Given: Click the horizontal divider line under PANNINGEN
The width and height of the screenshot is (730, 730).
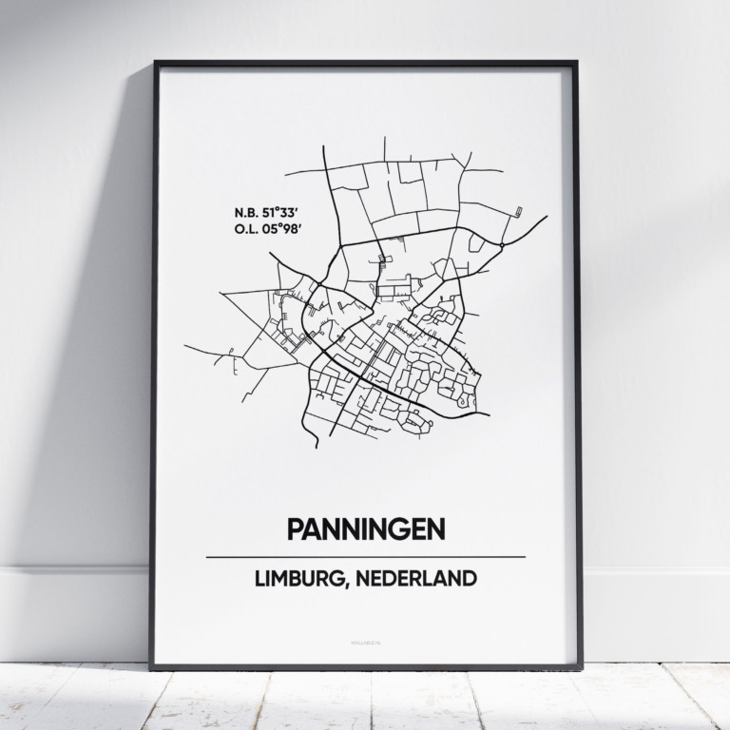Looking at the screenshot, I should [365, 556].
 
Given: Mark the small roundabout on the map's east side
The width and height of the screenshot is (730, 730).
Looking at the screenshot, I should [500, 245].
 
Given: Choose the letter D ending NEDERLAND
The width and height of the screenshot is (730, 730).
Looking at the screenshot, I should [470, 580].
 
